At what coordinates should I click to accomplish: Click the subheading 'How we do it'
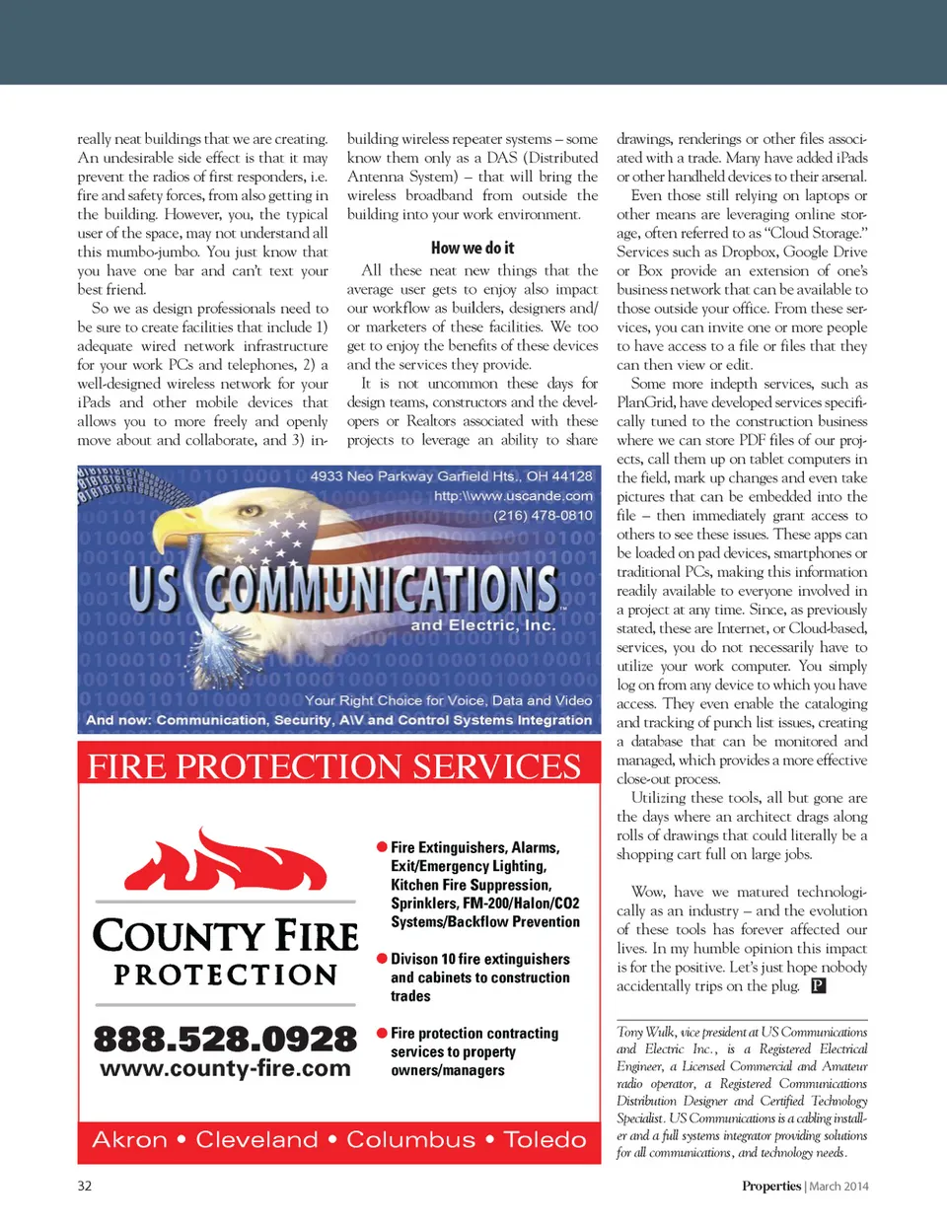472,249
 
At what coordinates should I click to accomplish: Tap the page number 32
85,1186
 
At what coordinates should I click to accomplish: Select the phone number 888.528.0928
225,1039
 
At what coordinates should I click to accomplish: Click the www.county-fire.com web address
225,1069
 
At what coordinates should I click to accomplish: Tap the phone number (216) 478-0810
544,515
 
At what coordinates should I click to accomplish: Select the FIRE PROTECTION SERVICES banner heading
334,766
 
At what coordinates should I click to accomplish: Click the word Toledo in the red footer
545,1140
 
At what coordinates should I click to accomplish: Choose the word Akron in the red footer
129,1140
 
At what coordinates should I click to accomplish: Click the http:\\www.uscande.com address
513,496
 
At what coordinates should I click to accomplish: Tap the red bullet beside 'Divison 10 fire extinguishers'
382,959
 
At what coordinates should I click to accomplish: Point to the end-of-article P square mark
818,985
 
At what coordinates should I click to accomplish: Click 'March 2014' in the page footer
838,1187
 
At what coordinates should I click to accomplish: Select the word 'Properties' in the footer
771,1187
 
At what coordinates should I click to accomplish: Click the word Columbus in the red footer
410,1140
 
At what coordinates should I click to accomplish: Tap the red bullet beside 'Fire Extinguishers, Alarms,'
382,847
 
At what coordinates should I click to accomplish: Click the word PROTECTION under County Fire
226,975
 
